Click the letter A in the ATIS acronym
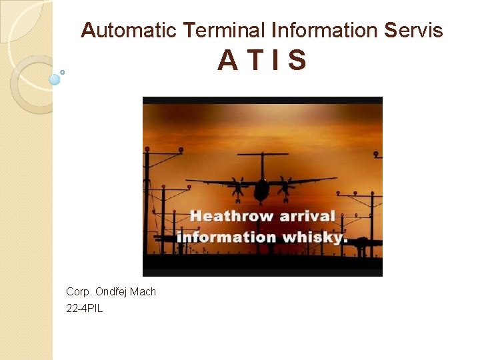227,61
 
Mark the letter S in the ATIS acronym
297,61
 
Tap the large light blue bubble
55,80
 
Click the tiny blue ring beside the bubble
62,72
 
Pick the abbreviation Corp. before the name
79,292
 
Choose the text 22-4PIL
85,308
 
